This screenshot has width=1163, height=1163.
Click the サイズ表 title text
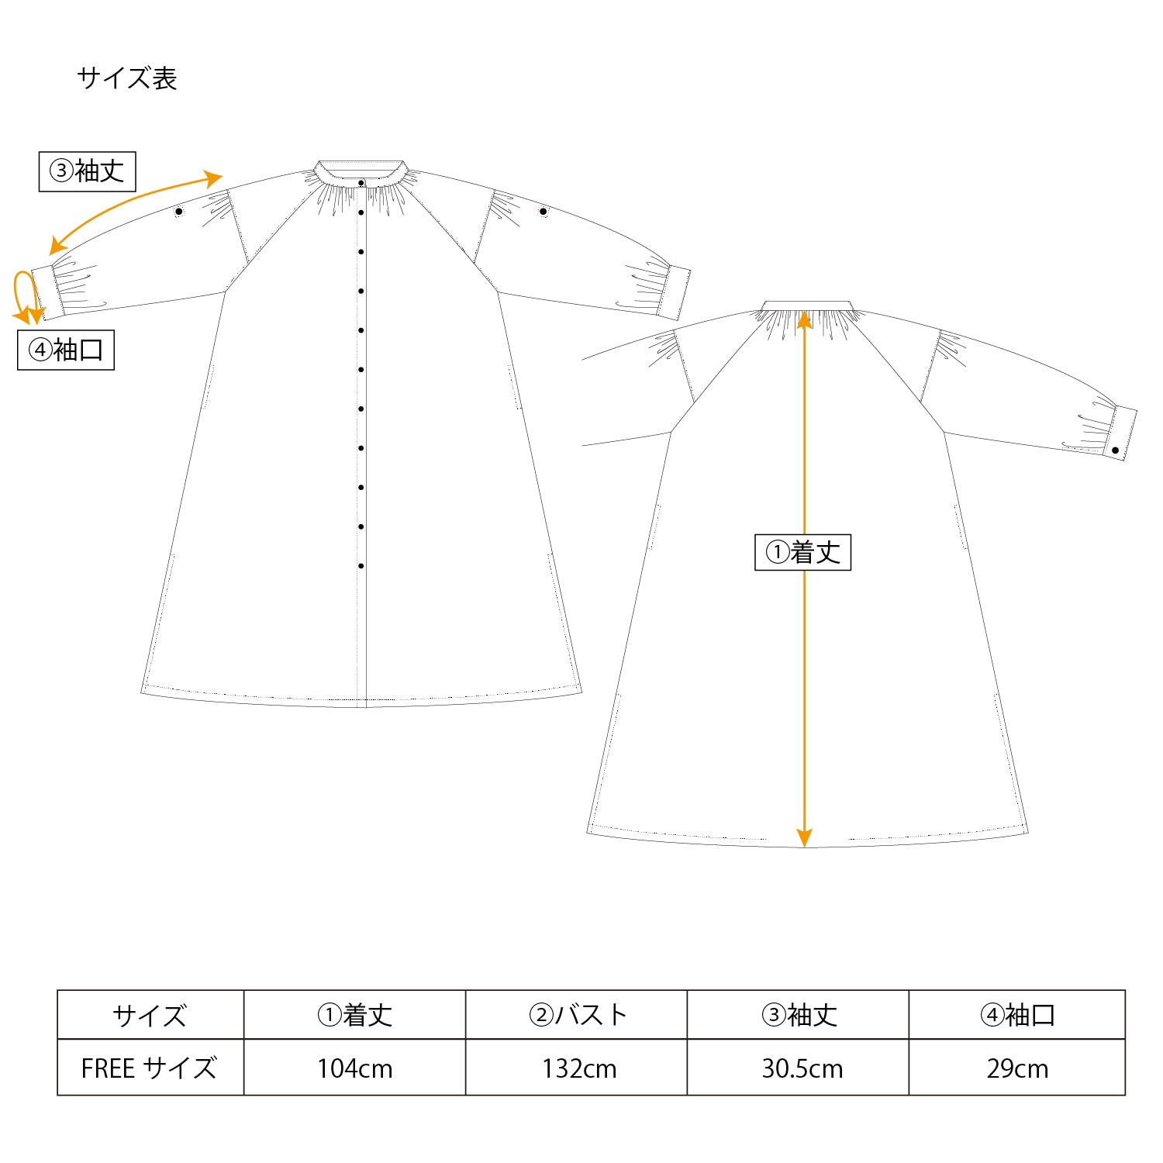click(x=127, y=78)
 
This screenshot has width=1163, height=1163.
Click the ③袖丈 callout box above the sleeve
click(x=88, y=171)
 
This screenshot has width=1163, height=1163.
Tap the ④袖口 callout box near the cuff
click(x=66, y=350)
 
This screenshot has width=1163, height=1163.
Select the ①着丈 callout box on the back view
click(x=802, y=552)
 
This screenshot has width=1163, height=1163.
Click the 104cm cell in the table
click(x=354, y=1068)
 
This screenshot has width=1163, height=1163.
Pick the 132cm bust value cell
click(x=579, y=1068)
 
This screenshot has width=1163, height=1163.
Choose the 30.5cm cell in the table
click(x=802, y=1068)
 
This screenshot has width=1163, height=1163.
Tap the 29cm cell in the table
click(x=1017, y=1068)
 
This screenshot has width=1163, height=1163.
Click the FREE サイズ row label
click(x=149, y=1068)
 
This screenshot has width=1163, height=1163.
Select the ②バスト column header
click(x=578, y=1015)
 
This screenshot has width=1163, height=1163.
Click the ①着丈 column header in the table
click(x=354, y=1015)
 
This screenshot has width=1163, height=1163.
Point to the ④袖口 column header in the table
click(x=1017, y=1015)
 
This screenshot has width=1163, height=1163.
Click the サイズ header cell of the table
click(x=150, y=1015)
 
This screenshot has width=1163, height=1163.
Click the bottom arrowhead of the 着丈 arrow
click(x=804, y=837)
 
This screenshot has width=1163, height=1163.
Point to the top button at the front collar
click(x=361, y=183)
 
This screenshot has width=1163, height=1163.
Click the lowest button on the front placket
click(x=361, y=566)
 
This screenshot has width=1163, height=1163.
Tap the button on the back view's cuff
click(x=1115, y=450)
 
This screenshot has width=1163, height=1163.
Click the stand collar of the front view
click(x=361, y=171)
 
